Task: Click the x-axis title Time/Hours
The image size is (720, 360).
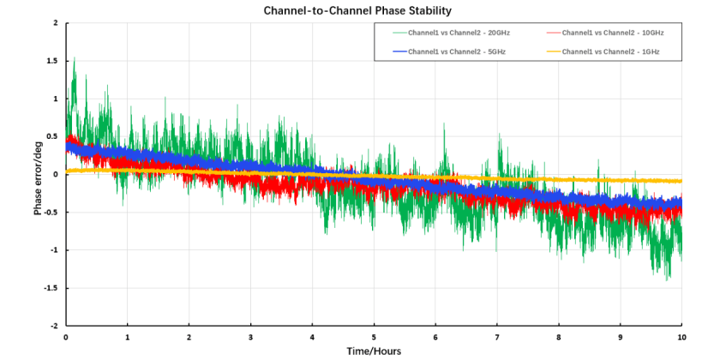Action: (374, 351)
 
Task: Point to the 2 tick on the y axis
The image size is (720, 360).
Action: (55, 23)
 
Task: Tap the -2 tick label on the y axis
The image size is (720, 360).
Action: (53, 326)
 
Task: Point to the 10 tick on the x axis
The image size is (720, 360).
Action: (681, 337)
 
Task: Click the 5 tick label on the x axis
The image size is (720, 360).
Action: (374, 337)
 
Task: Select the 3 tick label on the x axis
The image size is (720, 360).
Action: (250, 337)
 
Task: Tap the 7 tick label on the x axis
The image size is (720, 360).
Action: (497, 337)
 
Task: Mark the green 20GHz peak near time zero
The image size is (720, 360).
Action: (75, 58)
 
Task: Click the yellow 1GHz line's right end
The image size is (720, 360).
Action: (681, 181)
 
